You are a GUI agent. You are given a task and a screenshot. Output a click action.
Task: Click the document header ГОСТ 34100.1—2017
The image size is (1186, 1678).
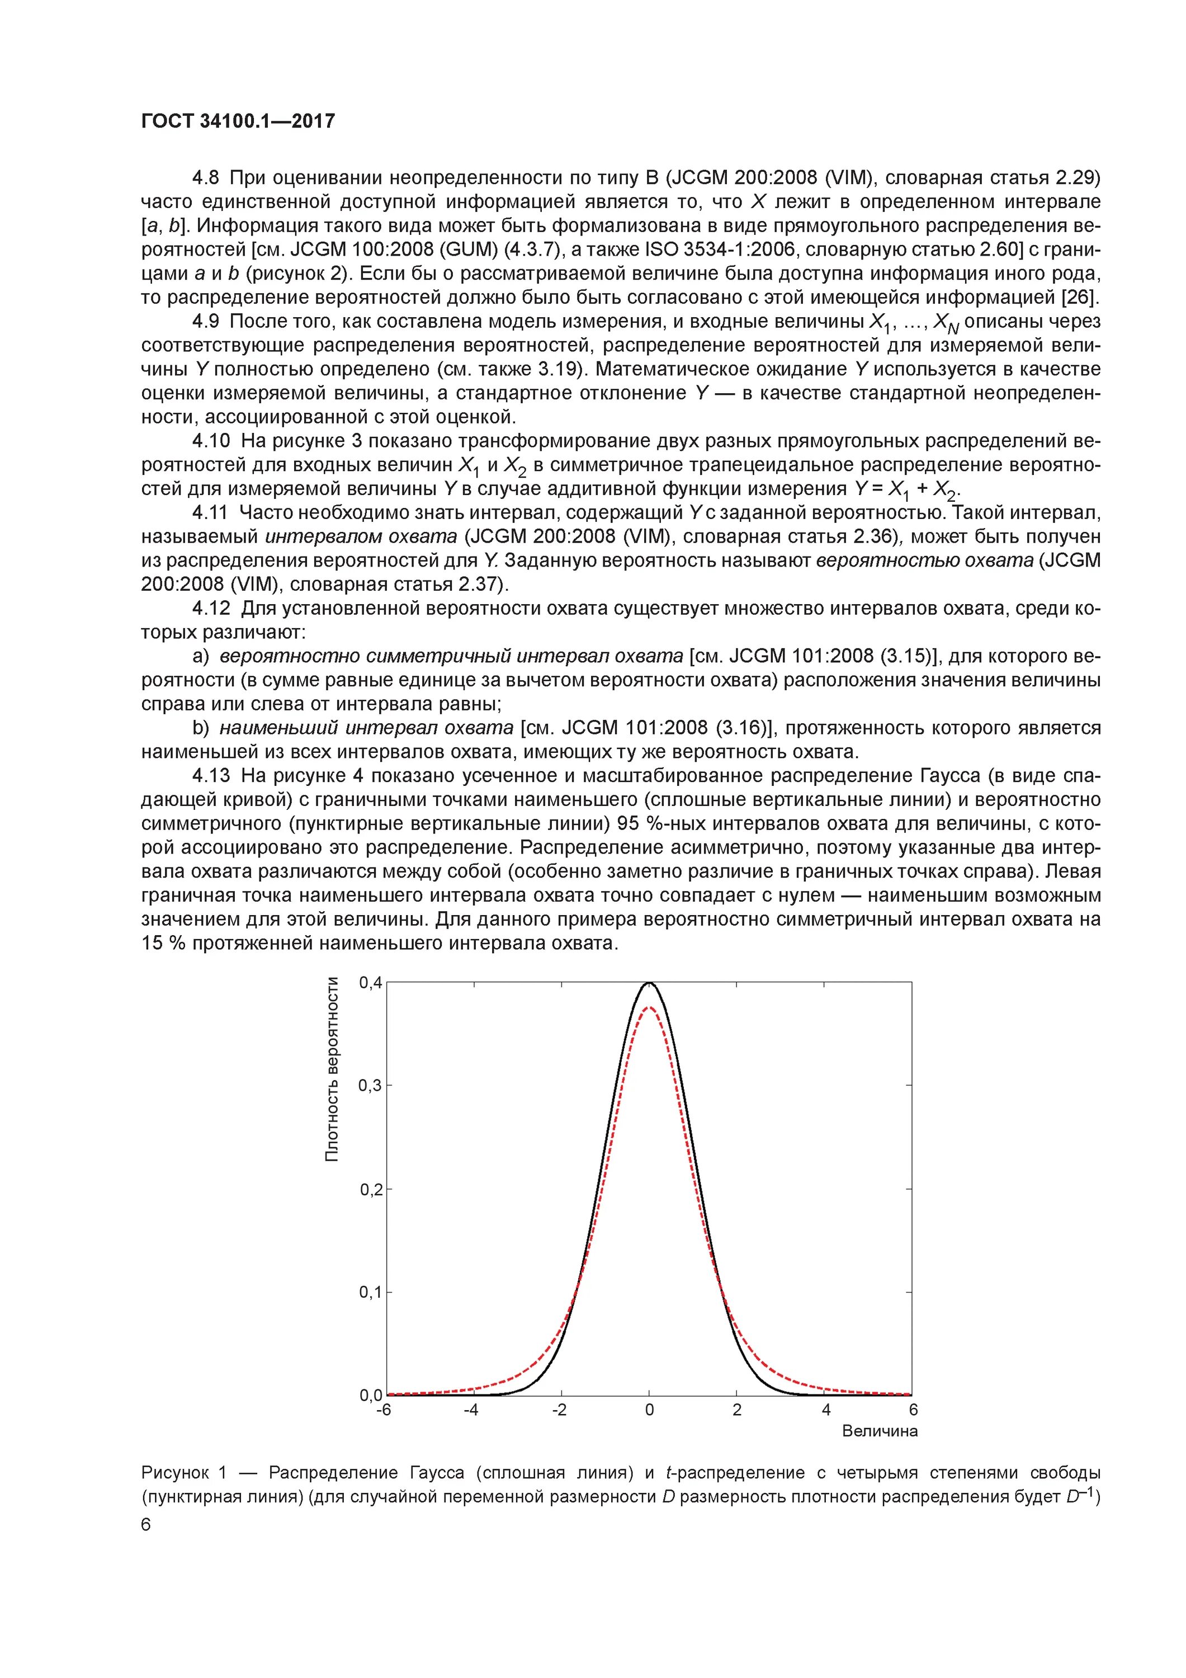point(238,121)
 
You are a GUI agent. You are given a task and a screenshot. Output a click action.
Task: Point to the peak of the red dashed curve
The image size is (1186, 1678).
point(649,1007)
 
